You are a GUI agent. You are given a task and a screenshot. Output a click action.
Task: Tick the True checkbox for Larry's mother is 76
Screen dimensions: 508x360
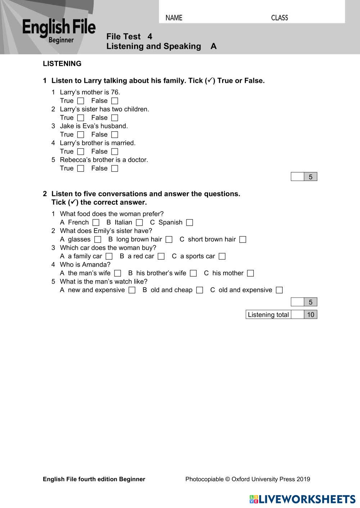81,101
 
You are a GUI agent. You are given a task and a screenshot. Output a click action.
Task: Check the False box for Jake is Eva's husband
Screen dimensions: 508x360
114,135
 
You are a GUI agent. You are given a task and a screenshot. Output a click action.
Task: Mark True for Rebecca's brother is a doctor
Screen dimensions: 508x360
81,168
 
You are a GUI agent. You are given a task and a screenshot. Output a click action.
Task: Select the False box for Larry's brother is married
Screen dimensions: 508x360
114,152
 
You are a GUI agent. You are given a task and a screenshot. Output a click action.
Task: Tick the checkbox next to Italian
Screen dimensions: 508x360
139,223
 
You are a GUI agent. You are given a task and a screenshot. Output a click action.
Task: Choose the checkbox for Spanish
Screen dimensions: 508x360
190,223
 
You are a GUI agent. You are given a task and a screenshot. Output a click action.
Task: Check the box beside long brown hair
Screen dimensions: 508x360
169,240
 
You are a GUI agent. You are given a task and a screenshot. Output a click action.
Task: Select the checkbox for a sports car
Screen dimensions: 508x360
222,257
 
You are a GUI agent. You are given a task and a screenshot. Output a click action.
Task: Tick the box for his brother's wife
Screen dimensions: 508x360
193,273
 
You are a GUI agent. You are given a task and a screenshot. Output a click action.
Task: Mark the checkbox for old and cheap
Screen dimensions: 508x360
199,290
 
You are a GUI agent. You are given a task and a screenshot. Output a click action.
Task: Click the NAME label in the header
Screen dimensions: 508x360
174,18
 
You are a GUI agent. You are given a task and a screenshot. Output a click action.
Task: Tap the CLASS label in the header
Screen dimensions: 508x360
279,18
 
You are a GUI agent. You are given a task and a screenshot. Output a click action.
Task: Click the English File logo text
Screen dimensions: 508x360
59,28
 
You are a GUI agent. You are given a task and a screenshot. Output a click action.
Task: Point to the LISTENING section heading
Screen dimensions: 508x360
62,64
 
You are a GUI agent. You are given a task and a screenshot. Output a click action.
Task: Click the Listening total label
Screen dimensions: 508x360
268,315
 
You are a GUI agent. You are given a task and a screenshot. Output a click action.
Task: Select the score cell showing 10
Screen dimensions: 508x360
310,315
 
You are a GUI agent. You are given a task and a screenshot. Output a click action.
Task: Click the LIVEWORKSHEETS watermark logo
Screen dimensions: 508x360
302,499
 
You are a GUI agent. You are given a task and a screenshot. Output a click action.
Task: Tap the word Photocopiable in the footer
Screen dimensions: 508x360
204,479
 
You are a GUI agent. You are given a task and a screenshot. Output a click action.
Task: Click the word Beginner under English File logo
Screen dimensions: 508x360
61,40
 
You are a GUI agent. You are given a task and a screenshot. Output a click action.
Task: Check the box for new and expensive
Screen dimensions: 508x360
132,290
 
